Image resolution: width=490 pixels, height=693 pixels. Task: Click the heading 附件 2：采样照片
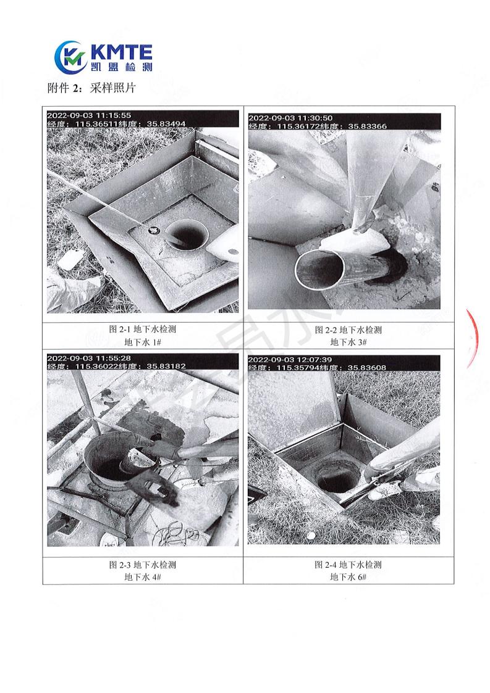(x=91, y=88)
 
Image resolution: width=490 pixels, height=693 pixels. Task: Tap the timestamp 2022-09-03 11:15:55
(x=89, y=115)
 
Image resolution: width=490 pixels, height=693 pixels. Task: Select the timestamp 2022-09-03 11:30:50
(x=290, y=118)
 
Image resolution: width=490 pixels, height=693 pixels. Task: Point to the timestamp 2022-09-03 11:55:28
(x=89, y=358)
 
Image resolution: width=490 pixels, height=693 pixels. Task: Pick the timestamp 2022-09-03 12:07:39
(x=290, y=360)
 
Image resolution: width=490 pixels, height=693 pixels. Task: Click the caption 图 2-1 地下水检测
(x=143, y=330)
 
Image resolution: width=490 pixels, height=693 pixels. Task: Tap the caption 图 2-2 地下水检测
(x=348, y=330)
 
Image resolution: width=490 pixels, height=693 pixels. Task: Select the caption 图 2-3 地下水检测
(x=143, y=565)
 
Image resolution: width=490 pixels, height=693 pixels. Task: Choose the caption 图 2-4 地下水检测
(x=348, y=565)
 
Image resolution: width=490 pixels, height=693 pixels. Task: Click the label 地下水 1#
(x=143, y=342)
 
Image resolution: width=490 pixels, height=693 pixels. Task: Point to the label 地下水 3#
(x=348, y=342)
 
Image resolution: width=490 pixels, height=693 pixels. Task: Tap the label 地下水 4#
(x=143, y=577)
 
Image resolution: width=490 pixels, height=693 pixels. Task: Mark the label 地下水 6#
(x=348, y=577)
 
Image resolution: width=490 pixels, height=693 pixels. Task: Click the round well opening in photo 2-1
(x=187, y=235)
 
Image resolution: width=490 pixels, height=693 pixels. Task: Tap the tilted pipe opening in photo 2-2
(x=319, y=270)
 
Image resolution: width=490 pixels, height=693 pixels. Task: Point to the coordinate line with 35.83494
(x=116, y=124)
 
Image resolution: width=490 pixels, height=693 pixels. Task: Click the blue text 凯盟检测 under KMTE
(x=121, y=66)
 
